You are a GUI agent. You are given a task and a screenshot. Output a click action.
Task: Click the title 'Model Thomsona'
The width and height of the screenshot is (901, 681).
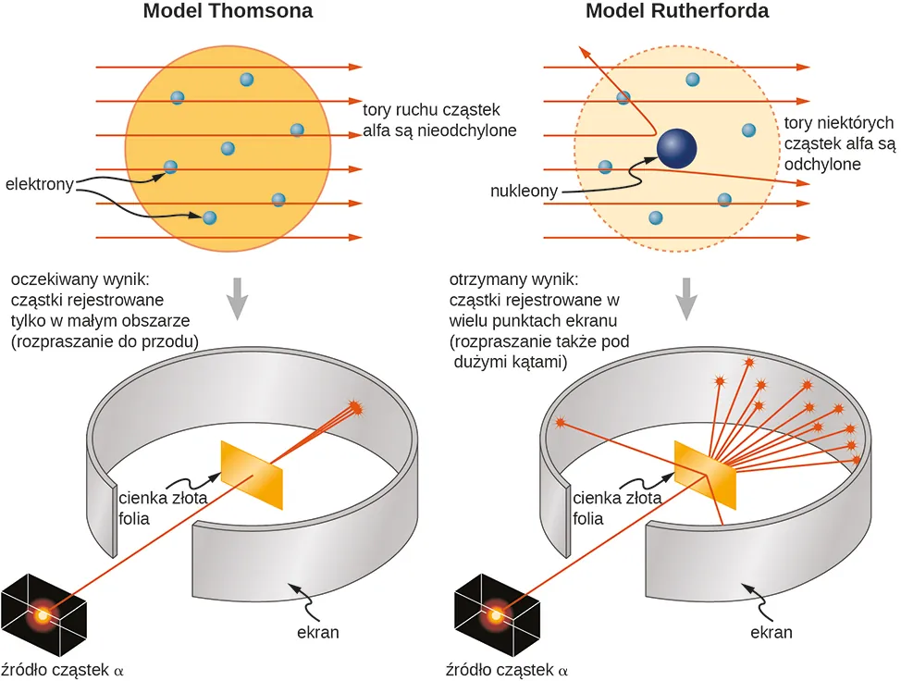click(227, 12)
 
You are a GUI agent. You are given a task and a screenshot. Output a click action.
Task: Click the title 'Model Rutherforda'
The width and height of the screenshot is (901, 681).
click(677, 12)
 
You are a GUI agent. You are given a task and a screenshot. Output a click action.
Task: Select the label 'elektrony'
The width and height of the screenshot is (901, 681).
click(39, 183)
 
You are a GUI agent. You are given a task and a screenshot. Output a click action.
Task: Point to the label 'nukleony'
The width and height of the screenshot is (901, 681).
click(524, 192)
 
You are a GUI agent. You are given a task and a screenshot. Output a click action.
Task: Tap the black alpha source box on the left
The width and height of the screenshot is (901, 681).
click(43, 612)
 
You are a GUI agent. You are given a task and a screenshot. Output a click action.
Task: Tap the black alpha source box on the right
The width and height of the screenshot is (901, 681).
click(497, 613)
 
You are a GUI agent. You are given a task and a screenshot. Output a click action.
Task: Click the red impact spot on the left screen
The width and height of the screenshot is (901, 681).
click(355, 407)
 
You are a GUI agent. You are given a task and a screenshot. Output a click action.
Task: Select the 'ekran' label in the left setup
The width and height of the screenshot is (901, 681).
click(317, 633)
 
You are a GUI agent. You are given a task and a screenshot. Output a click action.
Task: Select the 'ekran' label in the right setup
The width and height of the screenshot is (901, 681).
click(771, 633)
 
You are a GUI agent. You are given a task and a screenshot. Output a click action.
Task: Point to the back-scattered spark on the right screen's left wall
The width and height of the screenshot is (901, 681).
click(560, 423)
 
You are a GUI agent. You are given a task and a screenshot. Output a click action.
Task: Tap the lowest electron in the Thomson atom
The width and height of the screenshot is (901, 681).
click(209, 217)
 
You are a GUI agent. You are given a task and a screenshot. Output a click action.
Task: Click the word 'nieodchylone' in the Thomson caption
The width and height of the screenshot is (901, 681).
click(469, 130)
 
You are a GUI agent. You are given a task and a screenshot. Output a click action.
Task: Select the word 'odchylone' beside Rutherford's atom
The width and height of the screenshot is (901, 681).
click(822, 164)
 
